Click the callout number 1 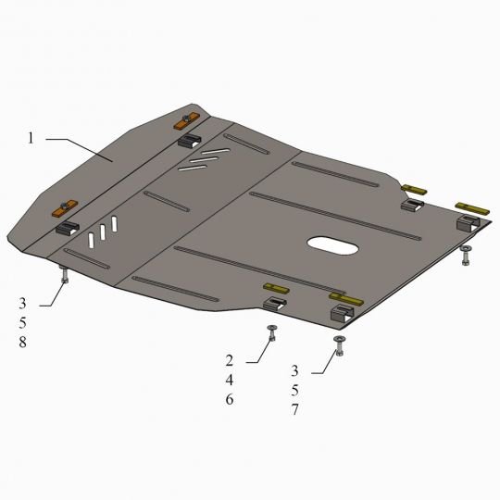pos(31,138)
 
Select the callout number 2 pos(230,361)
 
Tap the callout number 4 pos(230,381)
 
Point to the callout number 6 pos(230,399)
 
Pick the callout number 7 pos(295,410)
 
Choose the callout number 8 pos(22,343)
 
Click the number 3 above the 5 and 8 pos(22,304)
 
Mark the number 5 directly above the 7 pos(295,391)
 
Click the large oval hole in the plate pos(332,245)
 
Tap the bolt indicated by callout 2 pos(272,332)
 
